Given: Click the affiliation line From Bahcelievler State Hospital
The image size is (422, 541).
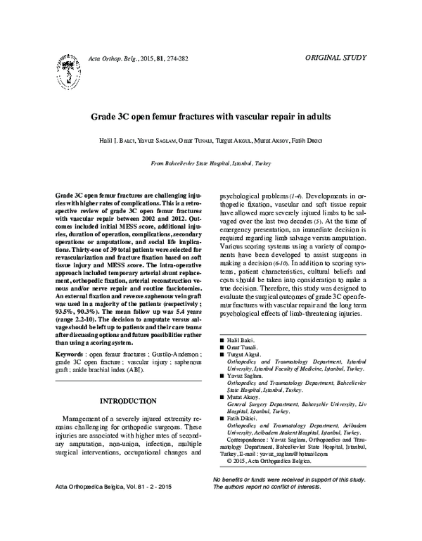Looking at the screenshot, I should pos(210,162).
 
